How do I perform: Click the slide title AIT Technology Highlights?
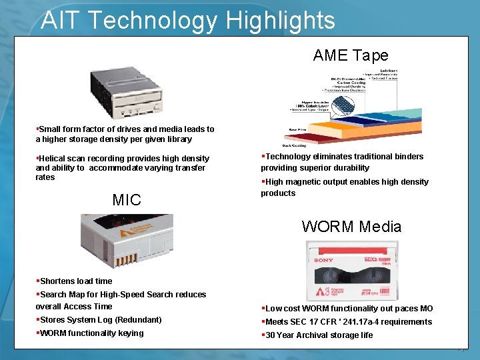187,20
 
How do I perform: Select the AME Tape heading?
351,55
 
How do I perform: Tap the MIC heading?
127,199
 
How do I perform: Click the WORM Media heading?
351,226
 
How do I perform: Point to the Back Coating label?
294,144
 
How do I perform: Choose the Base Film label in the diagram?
297,129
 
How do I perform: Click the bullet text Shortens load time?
76,281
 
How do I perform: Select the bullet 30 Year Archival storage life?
319,335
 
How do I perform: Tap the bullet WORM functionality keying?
91,333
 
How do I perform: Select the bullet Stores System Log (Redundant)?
100,320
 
